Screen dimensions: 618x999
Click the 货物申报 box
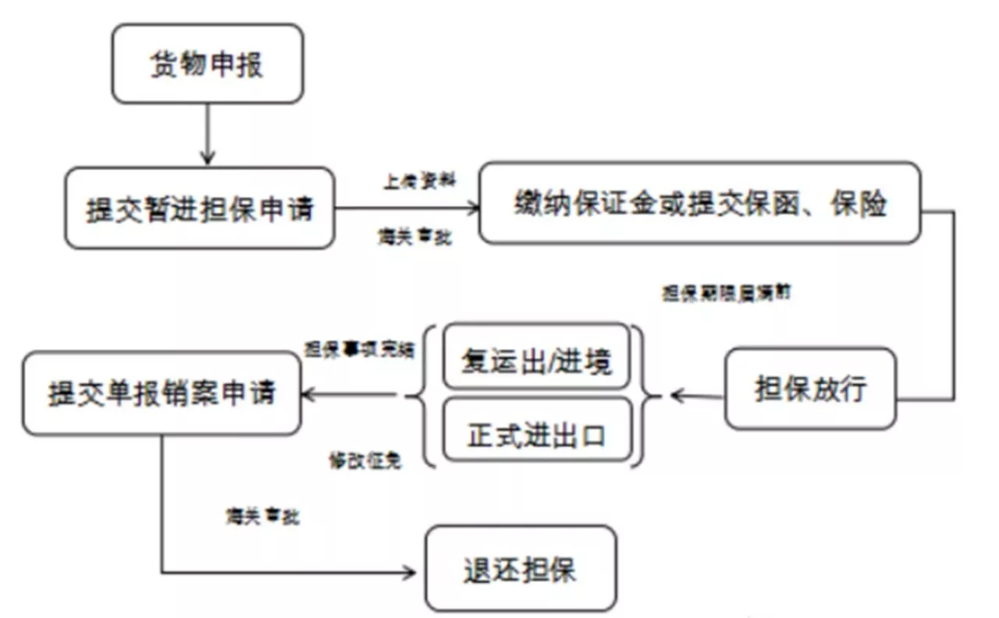tap(207, 64)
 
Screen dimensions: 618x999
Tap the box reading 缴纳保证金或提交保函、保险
tap(699, 204)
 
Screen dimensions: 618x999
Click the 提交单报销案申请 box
tap(162, 393)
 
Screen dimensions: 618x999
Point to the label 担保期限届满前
tap(728, 293)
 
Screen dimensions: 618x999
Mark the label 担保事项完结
tap(359, 348)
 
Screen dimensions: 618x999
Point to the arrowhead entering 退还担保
tap(411, 573)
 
